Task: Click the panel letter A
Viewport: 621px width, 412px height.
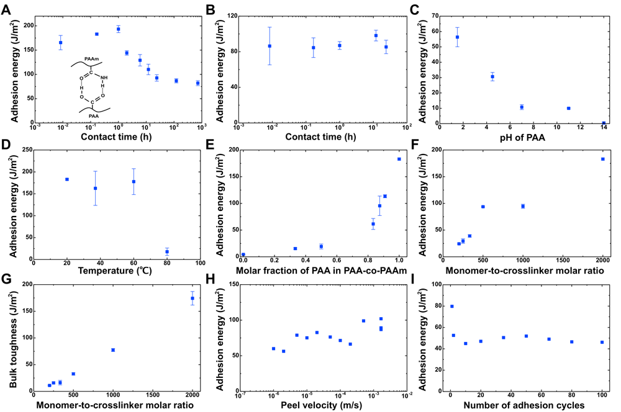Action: (7, 8)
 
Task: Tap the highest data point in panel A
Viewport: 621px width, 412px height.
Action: (118, 29)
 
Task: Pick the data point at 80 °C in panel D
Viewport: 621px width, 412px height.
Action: (150, 251)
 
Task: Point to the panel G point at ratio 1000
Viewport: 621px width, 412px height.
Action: (113, 350)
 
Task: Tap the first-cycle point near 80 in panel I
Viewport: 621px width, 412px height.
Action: (451, 306)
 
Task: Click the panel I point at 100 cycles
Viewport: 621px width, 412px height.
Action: (602, 342)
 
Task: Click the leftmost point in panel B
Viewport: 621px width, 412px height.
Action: (270, 46)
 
